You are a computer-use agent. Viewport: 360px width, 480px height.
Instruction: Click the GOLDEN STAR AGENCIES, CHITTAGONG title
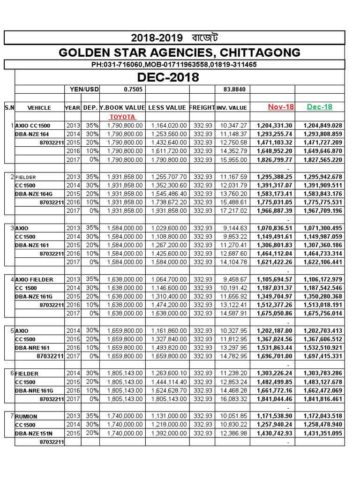(x=180, y=52)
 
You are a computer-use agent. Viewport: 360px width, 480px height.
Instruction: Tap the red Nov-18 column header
(x=281, y=107)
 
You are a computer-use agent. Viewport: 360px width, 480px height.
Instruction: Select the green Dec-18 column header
(x=319, y=107)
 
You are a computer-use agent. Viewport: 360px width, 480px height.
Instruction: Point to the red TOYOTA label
(x=122, y=117)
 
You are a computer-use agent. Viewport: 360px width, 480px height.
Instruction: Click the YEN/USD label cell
(x=82, y=89)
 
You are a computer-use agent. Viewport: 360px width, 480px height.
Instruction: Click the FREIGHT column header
(x=202, y=108)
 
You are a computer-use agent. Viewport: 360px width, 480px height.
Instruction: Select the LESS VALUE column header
(x=167, y=108)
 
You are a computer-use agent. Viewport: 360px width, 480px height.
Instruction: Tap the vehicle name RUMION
(x=27, y=416)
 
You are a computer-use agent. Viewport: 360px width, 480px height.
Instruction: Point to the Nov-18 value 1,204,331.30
(x=275, y=126)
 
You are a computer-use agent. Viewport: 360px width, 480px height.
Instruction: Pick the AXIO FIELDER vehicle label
(x=34, y=279)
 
